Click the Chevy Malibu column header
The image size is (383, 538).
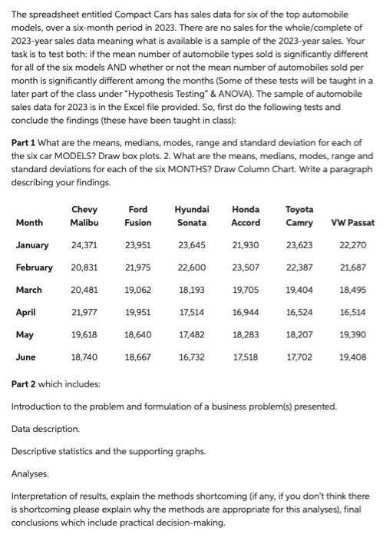coord(84,215)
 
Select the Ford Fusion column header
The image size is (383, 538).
coord(137,215)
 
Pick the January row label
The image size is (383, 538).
coord(32,246)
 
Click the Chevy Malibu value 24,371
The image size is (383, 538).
coord(84,246)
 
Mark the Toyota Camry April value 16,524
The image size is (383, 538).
coord(299,313)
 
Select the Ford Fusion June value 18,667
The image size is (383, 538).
coord(137,357)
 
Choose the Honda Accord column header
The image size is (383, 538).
coord(246,215)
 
